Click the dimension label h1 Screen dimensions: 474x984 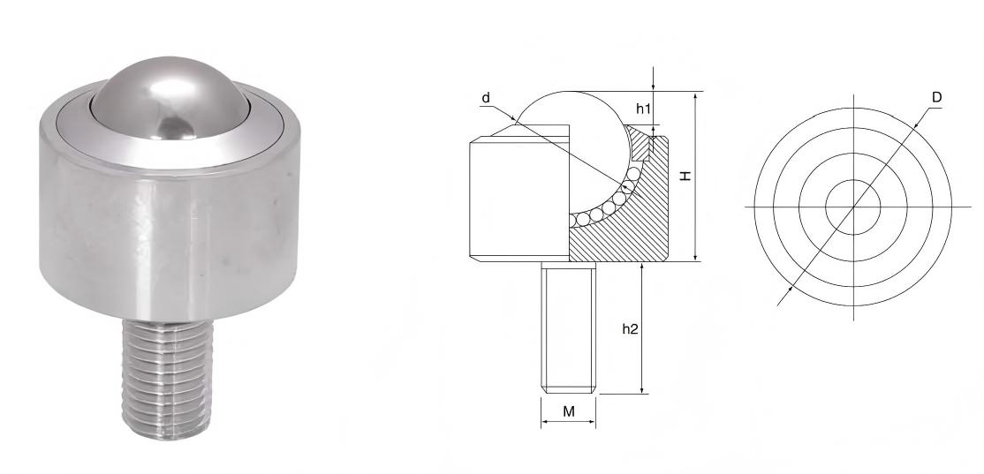[643, 109]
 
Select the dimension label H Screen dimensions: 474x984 [685, 176]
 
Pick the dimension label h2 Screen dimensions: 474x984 [630, 327]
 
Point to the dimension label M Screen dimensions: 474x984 [569, 411]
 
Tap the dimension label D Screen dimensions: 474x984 [936, 96]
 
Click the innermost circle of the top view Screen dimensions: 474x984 [853, 207]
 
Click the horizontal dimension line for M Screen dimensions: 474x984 [569, 422]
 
